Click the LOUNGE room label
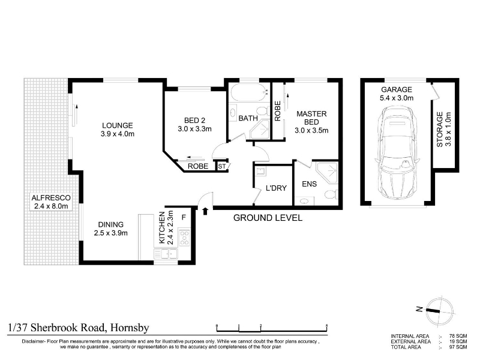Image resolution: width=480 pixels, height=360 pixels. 118,125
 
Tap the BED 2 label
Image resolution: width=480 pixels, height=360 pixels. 194,121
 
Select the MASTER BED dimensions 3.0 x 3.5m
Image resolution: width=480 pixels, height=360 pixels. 311,130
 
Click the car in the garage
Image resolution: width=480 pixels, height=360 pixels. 397,152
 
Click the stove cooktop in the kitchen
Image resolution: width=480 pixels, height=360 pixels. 184,238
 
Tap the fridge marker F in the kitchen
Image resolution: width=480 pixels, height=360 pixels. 184,217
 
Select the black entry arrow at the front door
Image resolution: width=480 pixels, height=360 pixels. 205,211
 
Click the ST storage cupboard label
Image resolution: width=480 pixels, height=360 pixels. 221,167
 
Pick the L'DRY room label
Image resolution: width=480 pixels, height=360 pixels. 276,188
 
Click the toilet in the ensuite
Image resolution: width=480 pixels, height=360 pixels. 331,194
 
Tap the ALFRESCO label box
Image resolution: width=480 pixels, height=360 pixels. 51,202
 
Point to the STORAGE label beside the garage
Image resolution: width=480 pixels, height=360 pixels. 440,130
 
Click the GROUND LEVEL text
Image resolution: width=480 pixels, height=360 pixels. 268,218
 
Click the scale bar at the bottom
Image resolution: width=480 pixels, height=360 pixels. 272,328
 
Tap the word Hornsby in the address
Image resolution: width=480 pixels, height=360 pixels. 130,328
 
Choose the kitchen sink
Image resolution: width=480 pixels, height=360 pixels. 166,254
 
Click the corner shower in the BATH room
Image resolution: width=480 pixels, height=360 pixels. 260,130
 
